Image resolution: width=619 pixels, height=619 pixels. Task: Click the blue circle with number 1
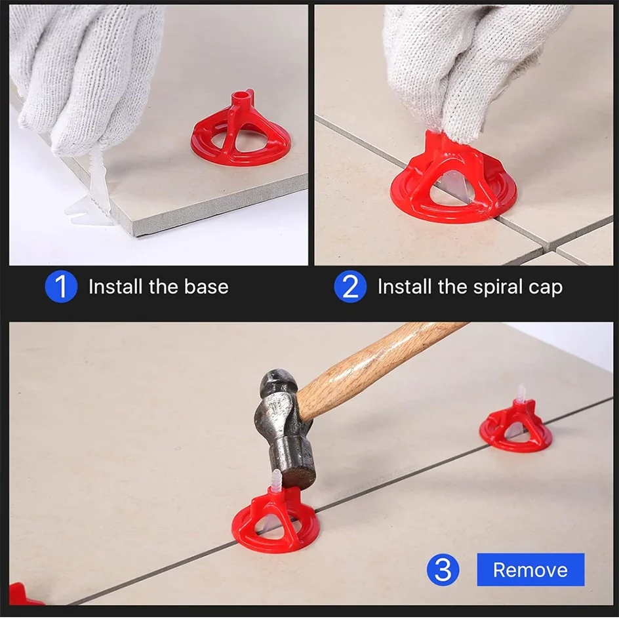[x=60, y=287]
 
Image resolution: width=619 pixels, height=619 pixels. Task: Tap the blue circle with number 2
[x=349, y=287]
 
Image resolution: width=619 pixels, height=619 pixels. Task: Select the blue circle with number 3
[x=443, y=569]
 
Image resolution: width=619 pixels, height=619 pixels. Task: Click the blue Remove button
[x=530, y=569]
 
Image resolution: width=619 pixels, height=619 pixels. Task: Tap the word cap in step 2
[x=545, y=287]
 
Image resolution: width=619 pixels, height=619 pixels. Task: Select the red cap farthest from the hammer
[x=515, y=426]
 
